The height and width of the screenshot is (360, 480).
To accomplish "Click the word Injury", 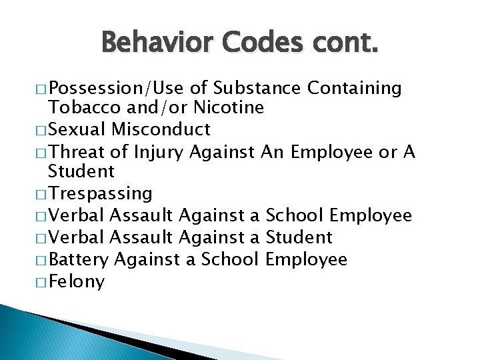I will pos(159,153).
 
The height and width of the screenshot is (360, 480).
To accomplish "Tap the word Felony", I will pos(77,282).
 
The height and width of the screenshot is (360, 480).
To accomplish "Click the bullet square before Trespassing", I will pos(41,194).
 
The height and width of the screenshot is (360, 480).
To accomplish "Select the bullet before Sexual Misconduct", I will pos(41,129).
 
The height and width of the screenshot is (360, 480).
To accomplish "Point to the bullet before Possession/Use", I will pos(41,89).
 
